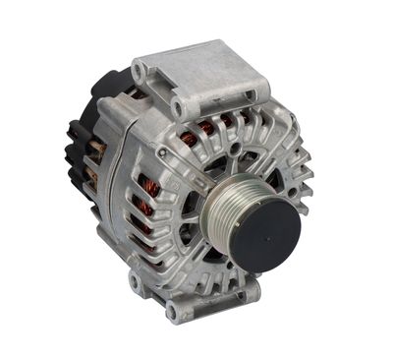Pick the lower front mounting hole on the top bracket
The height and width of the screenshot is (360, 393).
coord(178,106)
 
